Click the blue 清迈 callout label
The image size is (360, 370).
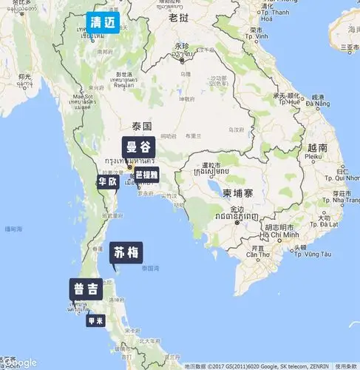[102, 21]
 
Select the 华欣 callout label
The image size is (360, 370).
[107, 181]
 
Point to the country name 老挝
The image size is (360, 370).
[180, 17]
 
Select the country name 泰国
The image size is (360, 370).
[141, 126]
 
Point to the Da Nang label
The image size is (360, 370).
[319, 104]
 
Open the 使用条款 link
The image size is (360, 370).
[345, 366]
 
